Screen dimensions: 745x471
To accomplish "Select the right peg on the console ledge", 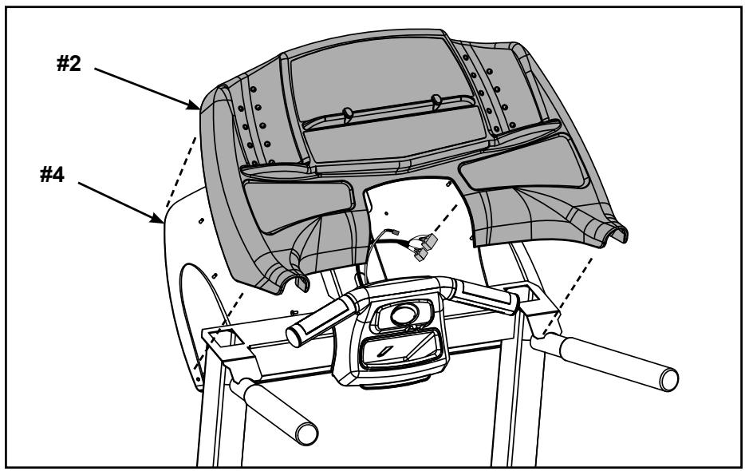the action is click(x=436, y=102).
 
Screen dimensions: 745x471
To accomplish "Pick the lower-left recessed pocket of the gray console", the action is click(x=290, y=202).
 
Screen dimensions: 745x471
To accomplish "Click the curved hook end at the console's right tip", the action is click(x=617, y=234).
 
